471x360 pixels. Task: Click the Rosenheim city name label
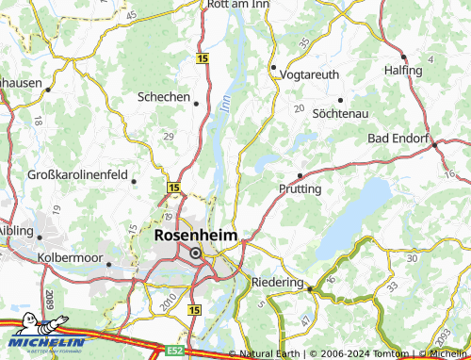(x=196, y=236)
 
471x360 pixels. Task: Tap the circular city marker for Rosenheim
(x=196, y=253)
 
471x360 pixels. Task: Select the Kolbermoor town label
(x=67, y=256)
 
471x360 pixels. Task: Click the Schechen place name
(x=164, y=97)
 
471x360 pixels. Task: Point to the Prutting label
(x=300, y=188)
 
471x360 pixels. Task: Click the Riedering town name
(x=278, y=282)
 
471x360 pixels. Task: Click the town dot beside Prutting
(x=300, y=175)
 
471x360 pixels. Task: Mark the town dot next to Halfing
(x=403, y=57)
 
